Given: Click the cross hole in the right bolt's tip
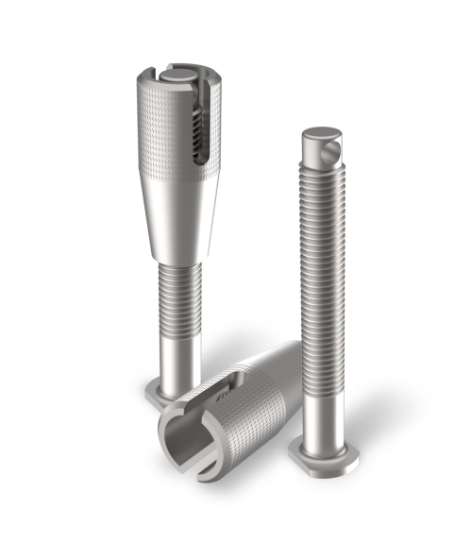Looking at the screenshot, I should [332, 148].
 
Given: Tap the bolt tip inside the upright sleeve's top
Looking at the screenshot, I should [179, 71].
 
